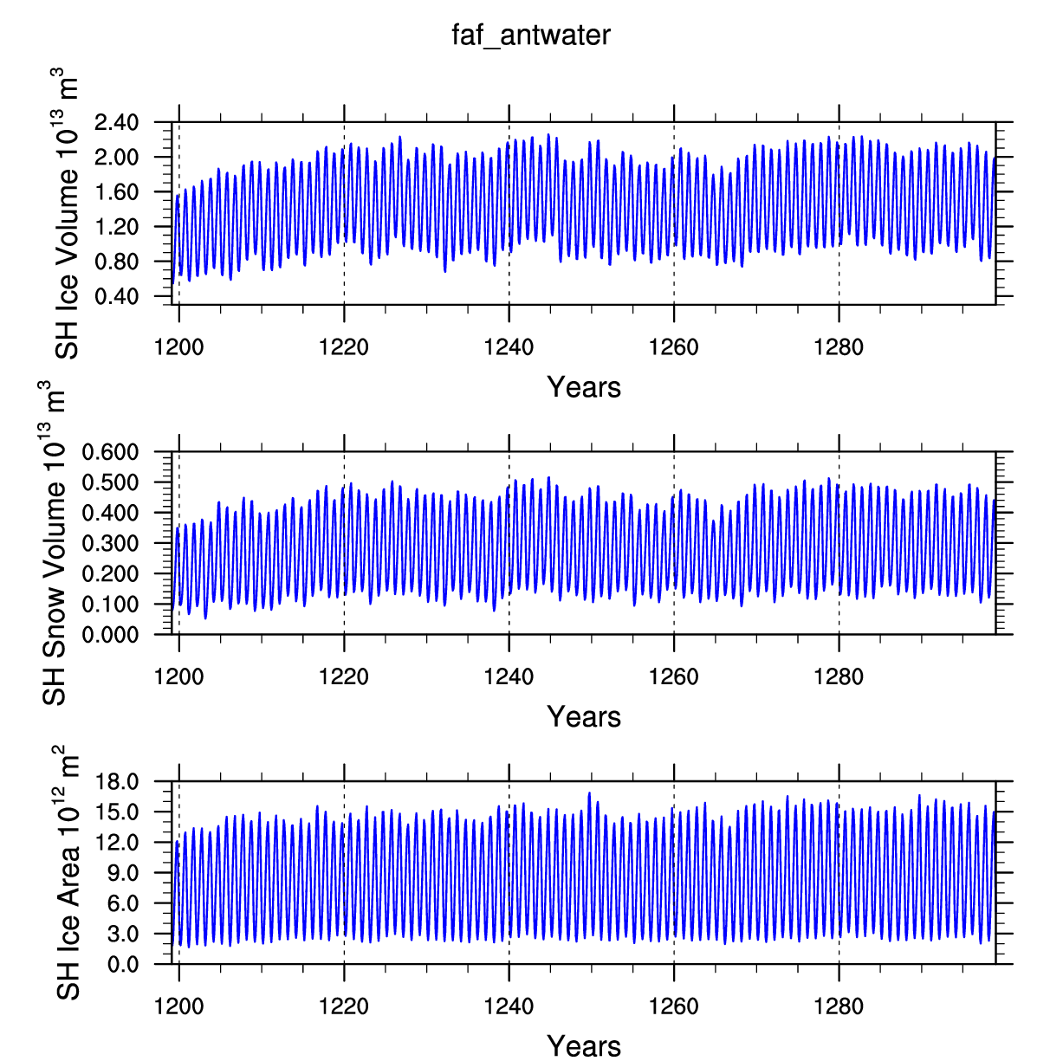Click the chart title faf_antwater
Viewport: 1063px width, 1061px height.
coord(531,36)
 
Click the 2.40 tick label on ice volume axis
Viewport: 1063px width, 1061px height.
coord(116,122)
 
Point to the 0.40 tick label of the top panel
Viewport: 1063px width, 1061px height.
coord(116,297)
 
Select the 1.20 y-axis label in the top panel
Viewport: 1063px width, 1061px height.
coord(116,227)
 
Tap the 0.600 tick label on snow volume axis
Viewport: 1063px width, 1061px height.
coord(110,452)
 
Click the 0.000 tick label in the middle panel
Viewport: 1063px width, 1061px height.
coord(110,635)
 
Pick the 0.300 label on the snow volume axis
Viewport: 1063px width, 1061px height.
coord(110,543)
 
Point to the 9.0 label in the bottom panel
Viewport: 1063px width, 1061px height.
coord(123,873)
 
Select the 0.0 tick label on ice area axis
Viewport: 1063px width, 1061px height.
coord(123,965)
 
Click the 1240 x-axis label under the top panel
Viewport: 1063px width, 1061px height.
coord(509,347)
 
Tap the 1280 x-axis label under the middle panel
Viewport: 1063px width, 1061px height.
coord(839,677)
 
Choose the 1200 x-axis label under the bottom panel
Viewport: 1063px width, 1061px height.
coord(178,1006)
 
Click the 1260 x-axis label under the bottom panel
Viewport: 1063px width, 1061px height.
coord(673,1006)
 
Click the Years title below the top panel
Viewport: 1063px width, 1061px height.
coord(584,387)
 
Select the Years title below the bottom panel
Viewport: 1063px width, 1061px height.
coord(584,1045)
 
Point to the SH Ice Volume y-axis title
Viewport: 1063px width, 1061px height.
coord(66,213)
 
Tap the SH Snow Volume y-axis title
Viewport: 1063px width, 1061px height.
coord(53,543)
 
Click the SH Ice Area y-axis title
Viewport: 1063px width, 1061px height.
coord(67,873)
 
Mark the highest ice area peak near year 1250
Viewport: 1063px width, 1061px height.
coord(589,793)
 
